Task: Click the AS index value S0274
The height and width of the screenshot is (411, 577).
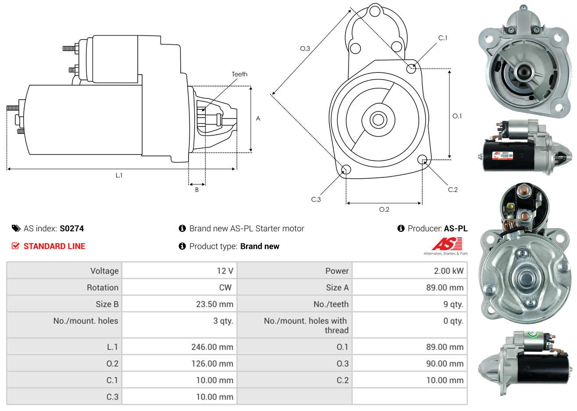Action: pos(71,229)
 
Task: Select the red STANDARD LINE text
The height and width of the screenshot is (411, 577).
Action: pos(54,246)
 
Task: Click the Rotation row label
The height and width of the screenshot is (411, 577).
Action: pos(103,288)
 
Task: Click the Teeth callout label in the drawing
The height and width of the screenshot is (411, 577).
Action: pos(239,74)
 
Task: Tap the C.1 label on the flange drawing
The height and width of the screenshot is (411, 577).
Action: pos(442,38)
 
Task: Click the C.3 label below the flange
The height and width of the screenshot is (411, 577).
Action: pos(316,199)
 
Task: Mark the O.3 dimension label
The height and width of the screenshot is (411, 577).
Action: pos(305,48)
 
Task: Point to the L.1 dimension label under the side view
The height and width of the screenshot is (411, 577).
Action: pos(119,176)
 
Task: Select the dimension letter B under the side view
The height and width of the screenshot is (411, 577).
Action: pos(197,190)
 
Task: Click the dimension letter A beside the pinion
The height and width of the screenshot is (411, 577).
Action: pos(258,119)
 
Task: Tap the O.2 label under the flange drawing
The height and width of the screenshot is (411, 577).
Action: pos(384,209)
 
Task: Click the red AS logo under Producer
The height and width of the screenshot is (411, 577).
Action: pos(447,244)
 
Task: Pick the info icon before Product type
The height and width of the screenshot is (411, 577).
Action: pos(182,246)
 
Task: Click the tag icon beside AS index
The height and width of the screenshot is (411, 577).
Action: pos(16,228)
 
